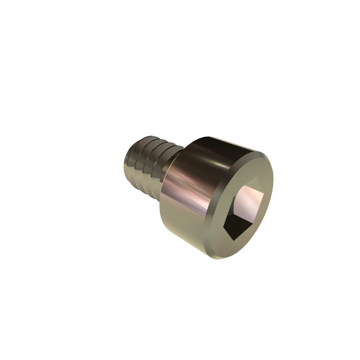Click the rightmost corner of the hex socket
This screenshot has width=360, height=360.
click(x=264, y=194)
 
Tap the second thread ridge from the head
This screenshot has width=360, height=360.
click(x=153, y=167)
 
